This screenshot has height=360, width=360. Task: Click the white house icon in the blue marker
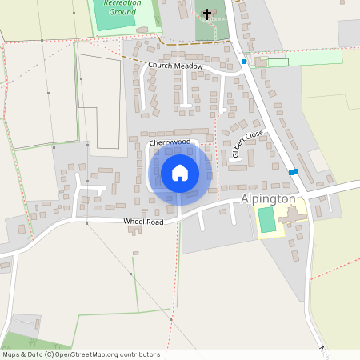[x=180, y=173]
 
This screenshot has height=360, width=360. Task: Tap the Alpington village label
[x=269, y=199]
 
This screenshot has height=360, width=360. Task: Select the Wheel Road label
[x=143, y=221]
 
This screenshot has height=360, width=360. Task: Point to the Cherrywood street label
[x=170, y=142]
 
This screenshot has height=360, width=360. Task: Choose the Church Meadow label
[x=175, y=66]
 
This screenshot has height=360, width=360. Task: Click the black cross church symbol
[x=207, y=14]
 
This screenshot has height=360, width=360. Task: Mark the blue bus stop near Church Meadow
[x=244, y=62]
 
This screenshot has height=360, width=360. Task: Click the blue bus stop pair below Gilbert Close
[x=294, y=171]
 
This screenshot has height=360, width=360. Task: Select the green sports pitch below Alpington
[x=266, y=220]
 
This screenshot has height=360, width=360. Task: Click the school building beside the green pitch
[x=292, y=217]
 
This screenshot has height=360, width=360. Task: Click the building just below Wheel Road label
[x=134, y=230]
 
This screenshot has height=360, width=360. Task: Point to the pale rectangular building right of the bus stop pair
[x=318, y=161]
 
